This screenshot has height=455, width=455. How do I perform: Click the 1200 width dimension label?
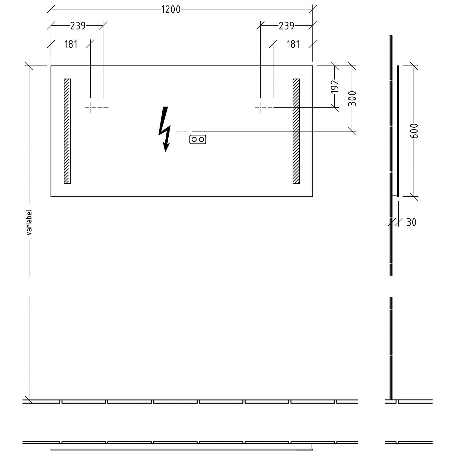(171, 9)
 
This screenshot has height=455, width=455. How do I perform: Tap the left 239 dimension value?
(78, 26)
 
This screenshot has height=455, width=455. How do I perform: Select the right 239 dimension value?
(286, 26)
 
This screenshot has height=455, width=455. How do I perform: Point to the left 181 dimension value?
(71, 44)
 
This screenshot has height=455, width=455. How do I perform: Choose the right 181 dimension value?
(293, 44)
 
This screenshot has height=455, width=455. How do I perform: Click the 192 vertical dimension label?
(334, 86)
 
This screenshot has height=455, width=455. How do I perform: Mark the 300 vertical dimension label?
(352, 98)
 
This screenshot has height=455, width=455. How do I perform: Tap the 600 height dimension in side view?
(414, 131)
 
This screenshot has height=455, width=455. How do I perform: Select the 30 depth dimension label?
(411, 222)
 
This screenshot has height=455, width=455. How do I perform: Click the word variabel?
(29, 222)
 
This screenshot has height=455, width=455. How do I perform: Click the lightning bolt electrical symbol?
(164, 129)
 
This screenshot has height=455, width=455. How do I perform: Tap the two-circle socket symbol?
(198, 140)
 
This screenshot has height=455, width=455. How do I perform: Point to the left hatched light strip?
(67, 131)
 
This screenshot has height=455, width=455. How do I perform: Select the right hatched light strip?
(296, 131)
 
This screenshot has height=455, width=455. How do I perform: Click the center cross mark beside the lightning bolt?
(182, 131)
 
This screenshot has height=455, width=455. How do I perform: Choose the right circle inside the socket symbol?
(201, 140)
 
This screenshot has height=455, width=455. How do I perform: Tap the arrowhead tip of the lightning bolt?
(166, 151)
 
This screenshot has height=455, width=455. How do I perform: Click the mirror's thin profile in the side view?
(398, 131)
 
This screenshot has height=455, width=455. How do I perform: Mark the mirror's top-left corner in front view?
(51, 66)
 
